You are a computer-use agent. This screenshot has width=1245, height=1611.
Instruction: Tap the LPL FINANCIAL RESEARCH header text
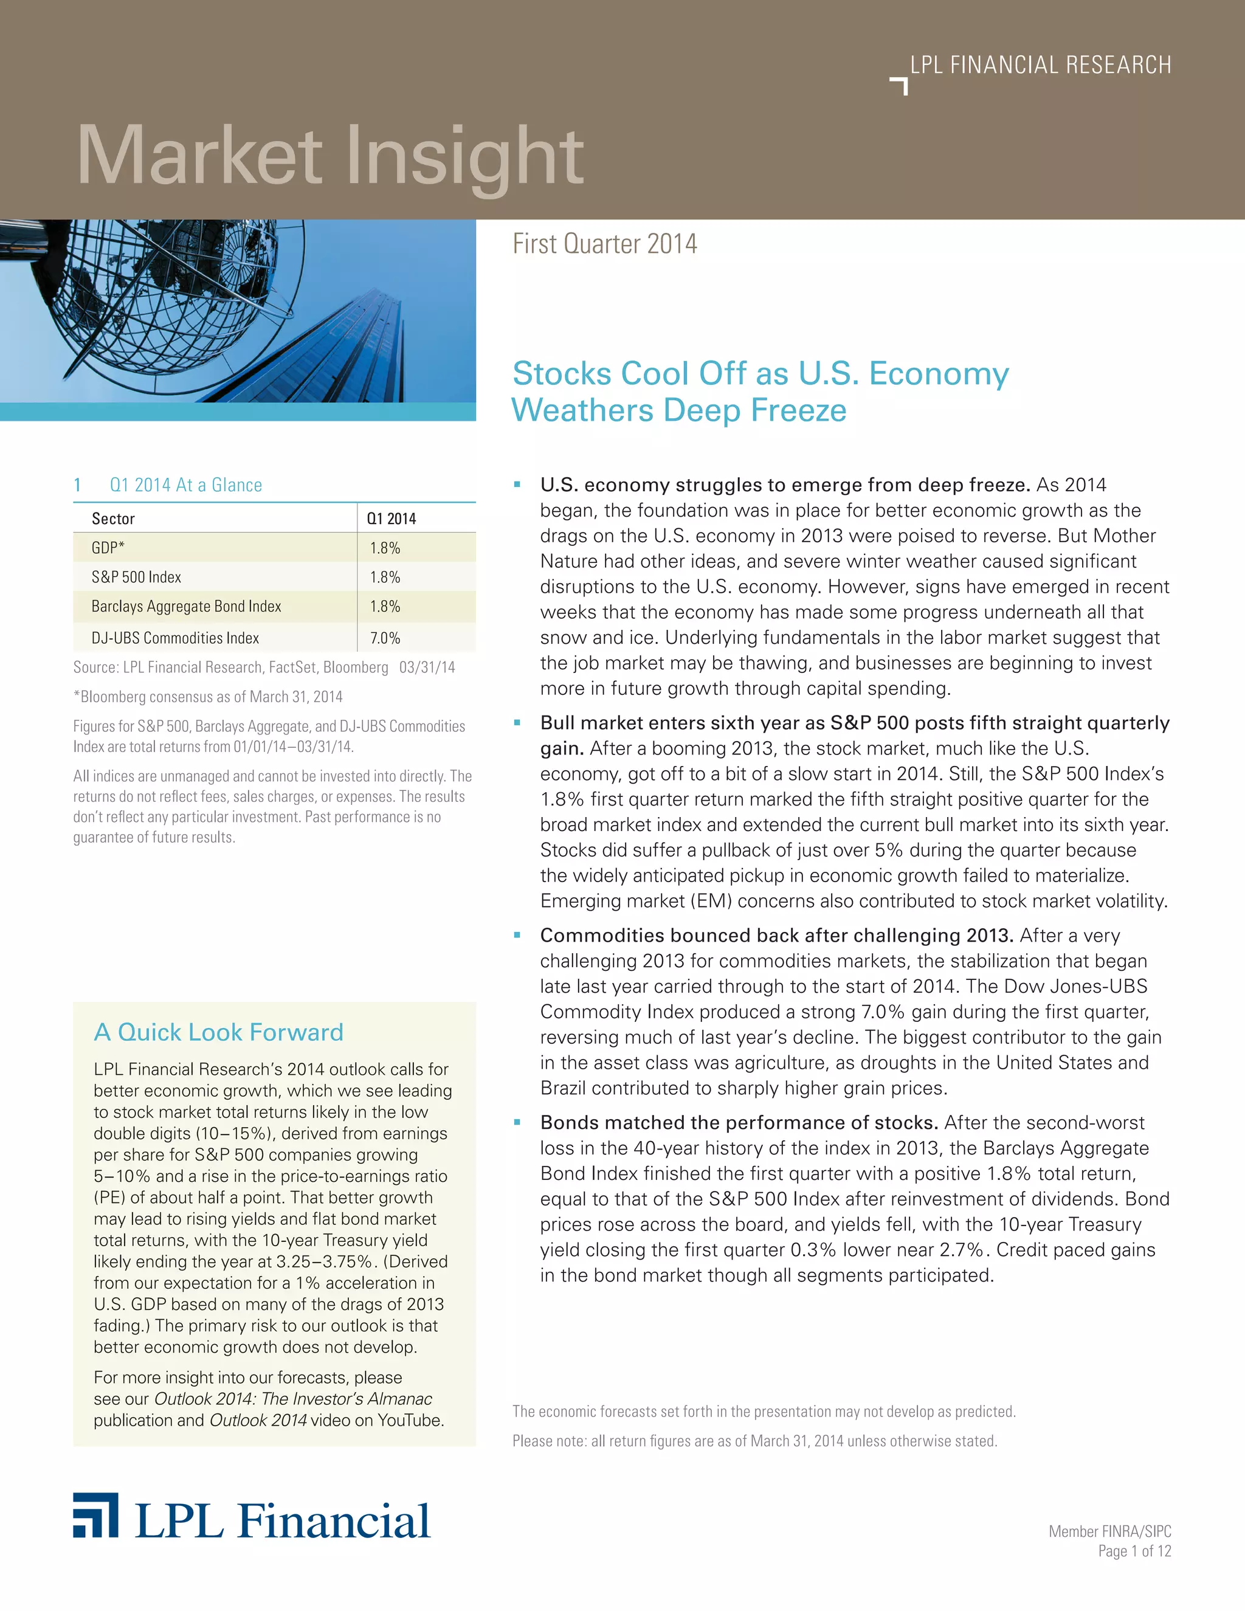[1040, 65]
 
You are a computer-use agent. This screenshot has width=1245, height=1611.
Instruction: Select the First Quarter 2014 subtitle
[605, 243]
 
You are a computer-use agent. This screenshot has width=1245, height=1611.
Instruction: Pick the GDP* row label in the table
[108, 547]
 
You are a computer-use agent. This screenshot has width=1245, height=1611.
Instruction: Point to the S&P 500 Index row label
[136, 577]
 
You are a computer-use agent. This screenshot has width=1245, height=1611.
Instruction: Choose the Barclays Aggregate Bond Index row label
[186, 606]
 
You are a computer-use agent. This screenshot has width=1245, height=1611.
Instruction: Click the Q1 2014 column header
[391, 519]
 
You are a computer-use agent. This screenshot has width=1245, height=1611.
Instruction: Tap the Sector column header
[113, 519]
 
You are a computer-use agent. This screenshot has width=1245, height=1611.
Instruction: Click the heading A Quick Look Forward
[218, 1032]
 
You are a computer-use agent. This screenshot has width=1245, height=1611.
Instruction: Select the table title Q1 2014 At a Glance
[186, 485]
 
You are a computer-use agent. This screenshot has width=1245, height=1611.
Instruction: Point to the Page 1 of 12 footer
[1134, 1551]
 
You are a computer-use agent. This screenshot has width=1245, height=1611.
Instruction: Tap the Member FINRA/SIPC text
[1110, 1531]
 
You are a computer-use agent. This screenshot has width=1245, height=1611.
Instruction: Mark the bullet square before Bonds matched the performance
[517, 1123]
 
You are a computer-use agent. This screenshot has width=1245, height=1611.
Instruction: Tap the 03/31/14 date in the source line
[427, 667]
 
